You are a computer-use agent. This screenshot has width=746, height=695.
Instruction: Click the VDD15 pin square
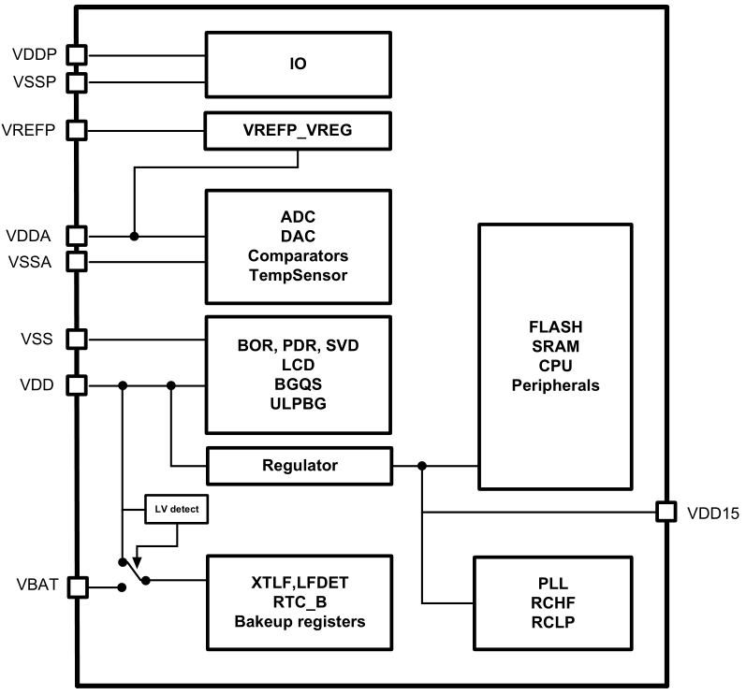(x=666, y=512)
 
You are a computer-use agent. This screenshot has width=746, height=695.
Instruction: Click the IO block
(x=298, y=65)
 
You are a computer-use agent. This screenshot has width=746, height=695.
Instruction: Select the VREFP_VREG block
(x=298, y=130)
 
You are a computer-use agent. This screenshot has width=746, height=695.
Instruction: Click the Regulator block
(x=298, y=465)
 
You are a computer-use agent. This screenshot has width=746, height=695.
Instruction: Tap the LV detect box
(x=178, y=511)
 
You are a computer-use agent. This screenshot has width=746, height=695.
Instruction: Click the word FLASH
(x=556, y=327)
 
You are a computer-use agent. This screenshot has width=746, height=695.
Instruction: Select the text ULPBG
(x=298, y=402)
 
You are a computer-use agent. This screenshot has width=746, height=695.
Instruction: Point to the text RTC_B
(x=298, y=602)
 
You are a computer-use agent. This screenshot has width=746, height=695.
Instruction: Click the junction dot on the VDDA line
(x=134, y=235)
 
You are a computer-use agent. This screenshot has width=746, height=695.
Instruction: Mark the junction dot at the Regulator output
(x=423, y=465)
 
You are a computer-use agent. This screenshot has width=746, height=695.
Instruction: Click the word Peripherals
(x=556, y=385)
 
